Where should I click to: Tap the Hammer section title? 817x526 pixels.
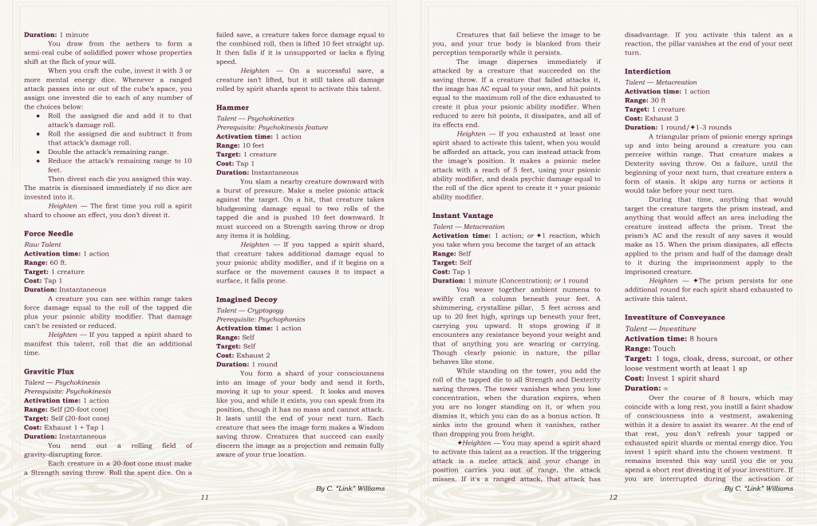point(232,107)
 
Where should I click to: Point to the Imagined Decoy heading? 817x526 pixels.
point(247,299)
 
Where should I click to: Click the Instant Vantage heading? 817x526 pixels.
point(463,216)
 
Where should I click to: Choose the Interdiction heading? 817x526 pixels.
point(647,72)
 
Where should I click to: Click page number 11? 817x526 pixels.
point(204,497)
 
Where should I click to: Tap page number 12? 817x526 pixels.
point(613,497)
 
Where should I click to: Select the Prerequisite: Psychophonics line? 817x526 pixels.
point(256,318)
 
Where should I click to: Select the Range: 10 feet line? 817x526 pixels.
point(241,145)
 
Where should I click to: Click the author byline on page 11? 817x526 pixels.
point(350,488)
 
